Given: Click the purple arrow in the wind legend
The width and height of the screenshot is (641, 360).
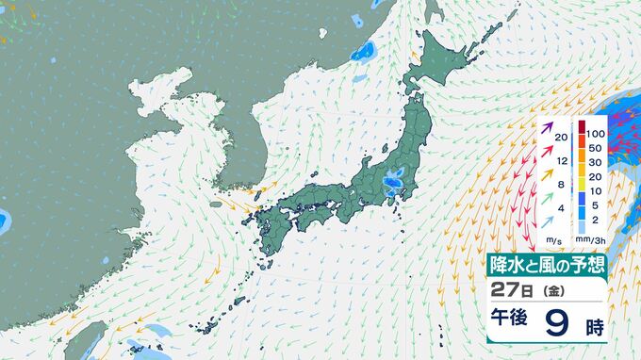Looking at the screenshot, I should [546, 125].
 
